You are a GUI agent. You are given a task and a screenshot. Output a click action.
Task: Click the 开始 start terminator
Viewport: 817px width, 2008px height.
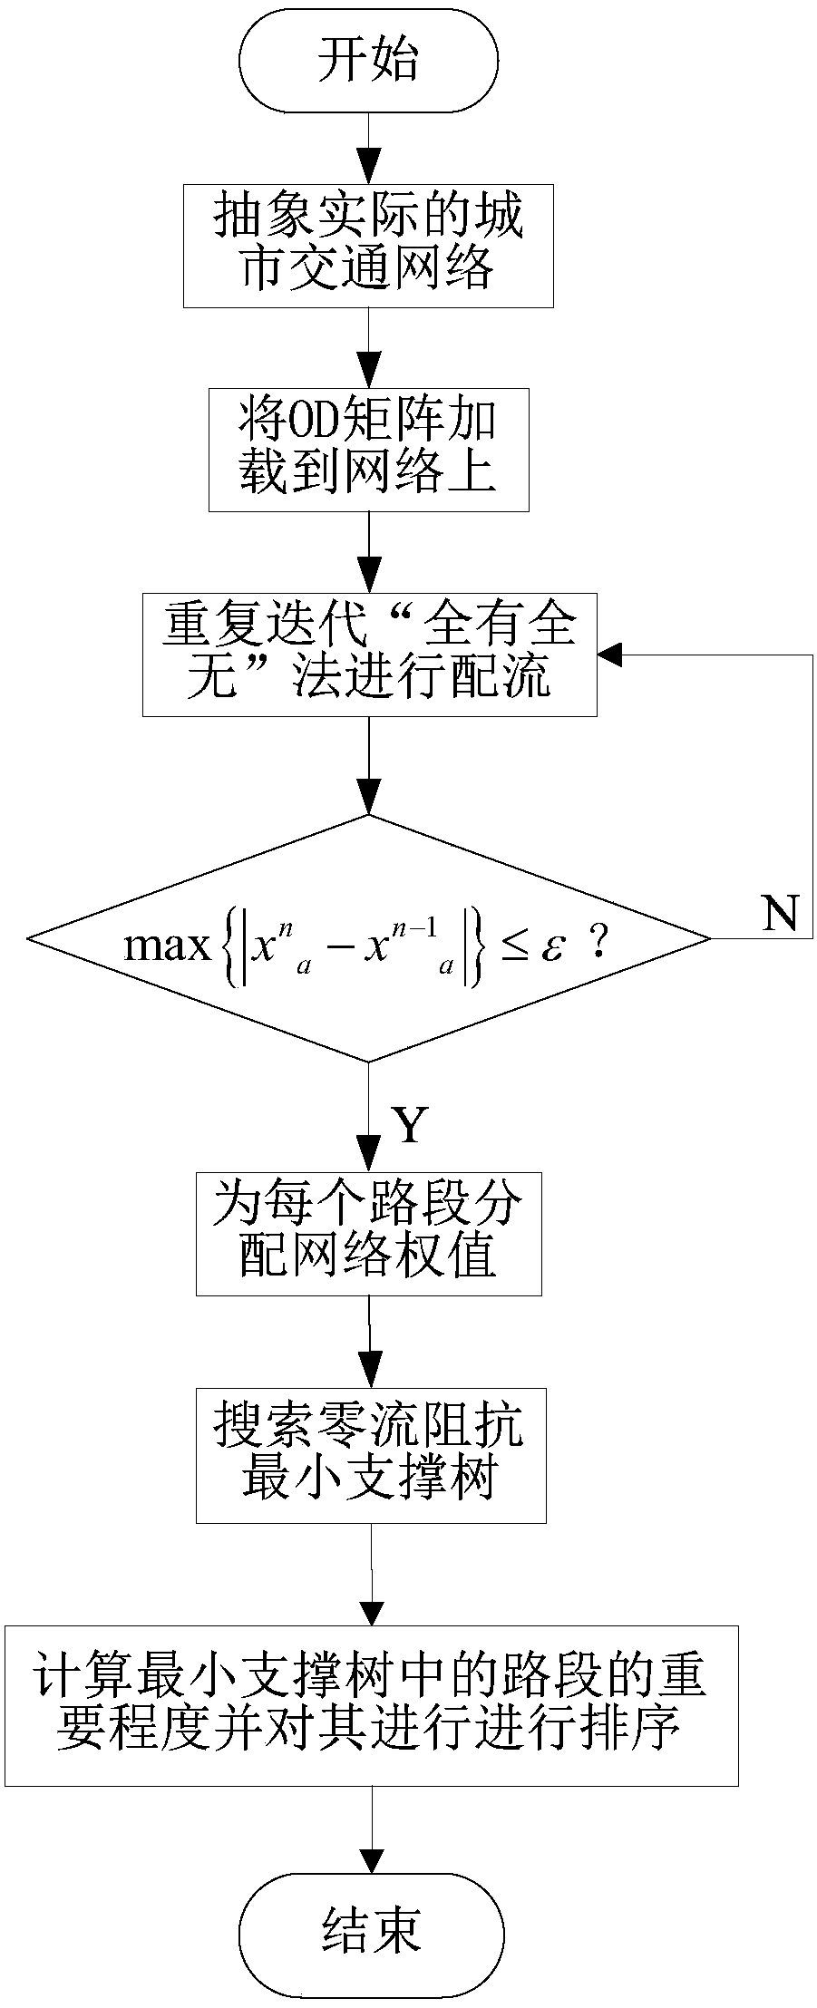[x=368, y=62]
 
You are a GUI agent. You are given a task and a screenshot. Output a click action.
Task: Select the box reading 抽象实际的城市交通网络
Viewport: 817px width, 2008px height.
[x=368, y=245]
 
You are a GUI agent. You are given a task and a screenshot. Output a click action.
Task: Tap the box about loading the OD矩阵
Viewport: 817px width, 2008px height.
[x=368, y=450]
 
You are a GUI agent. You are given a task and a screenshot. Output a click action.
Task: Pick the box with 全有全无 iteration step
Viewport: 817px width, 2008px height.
[x=369, y=655]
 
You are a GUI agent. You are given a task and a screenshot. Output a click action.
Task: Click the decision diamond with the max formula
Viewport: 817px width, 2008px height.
[x=368, y=938]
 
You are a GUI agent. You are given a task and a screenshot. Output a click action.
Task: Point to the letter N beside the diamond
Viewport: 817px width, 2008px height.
[x=779, y=914]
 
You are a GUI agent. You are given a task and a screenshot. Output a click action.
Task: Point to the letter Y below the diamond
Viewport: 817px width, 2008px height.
[x=409, y=1125]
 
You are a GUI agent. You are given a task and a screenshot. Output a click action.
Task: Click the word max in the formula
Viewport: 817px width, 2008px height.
[x=167, y=946]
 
